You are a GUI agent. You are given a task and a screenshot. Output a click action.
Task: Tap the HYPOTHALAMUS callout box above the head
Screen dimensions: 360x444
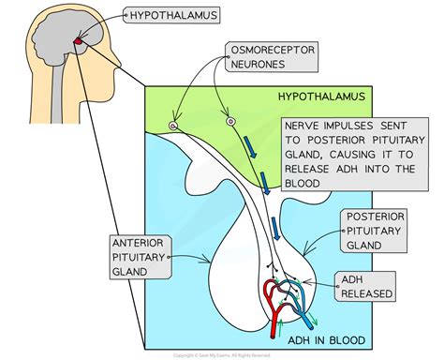[x=172, y=14]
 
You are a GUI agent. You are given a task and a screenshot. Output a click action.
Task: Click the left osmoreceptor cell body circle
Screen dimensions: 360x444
[x=172, y=126]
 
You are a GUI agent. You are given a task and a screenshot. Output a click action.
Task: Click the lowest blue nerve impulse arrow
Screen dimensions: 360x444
[x=276, y=226]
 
